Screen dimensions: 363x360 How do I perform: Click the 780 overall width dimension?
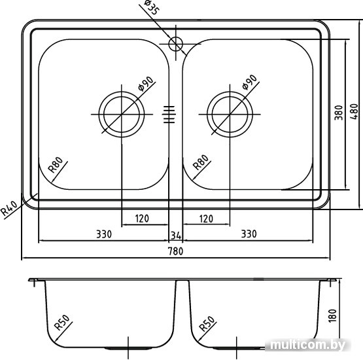(175, 251)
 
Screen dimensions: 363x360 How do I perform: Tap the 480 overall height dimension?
(354, 111)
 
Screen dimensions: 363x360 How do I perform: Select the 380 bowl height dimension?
(339, 113)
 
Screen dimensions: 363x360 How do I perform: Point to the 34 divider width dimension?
(176, 236)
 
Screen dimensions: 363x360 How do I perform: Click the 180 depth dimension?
(332, 315)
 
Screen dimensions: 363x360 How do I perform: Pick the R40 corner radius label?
(9, 207)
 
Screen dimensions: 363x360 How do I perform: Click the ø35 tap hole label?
(152, 7)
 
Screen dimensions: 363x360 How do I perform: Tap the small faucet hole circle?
(176, 44)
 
